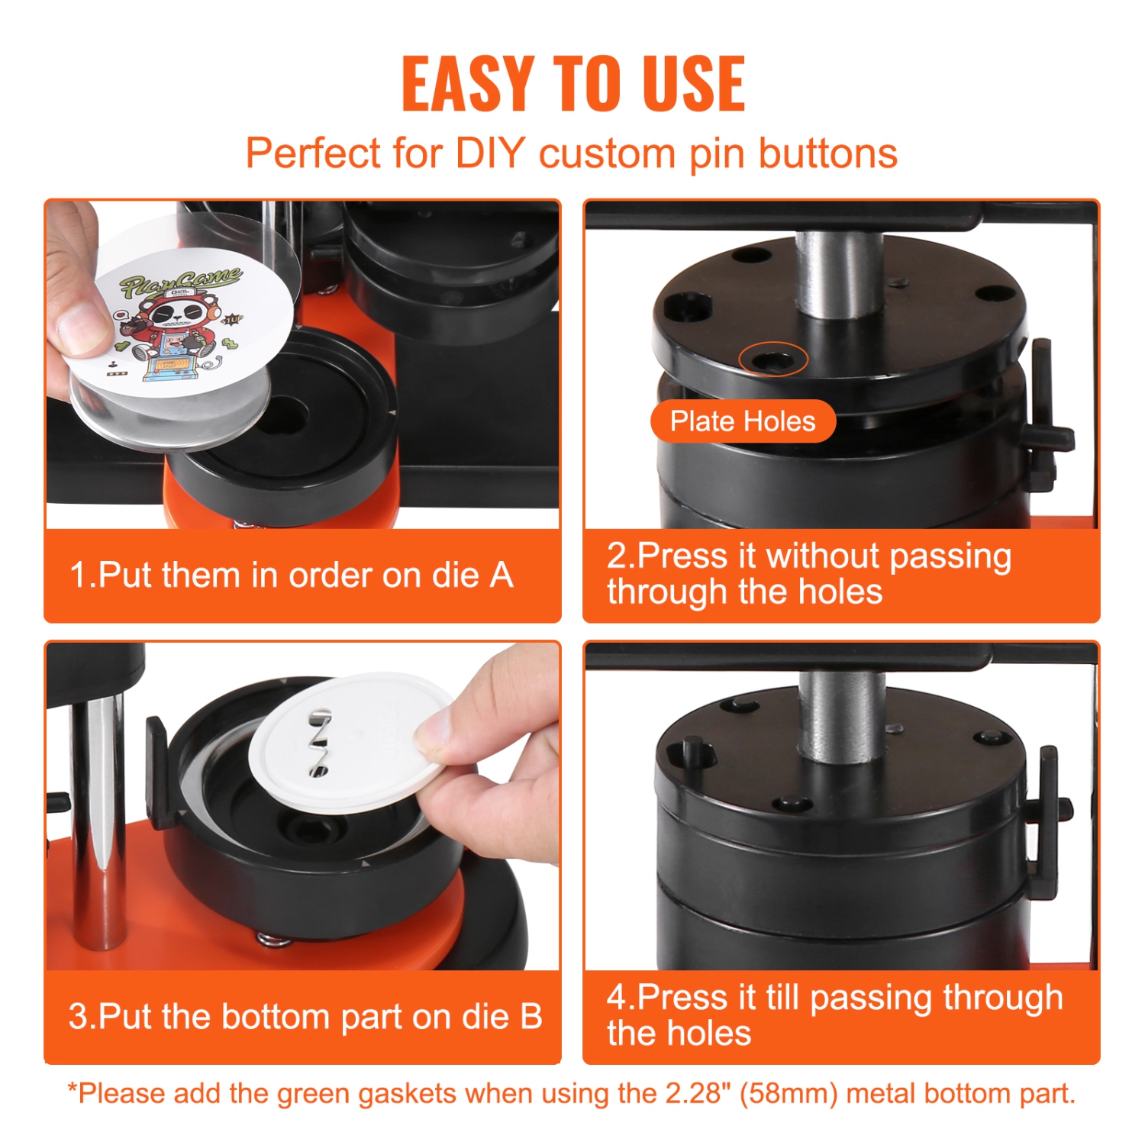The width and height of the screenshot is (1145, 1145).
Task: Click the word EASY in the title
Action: pos(467,84)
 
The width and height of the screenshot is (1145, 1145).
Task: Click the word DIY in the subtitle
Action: pos(490,153)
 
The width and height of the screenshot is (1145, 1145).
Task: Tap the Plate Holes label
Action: pos(743,421)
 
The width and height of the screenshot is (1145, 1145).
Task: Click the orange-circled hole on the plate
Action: pos(772,359)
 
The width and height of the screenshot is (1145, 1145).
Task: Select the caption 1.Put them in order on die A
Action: pos(291,576)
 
